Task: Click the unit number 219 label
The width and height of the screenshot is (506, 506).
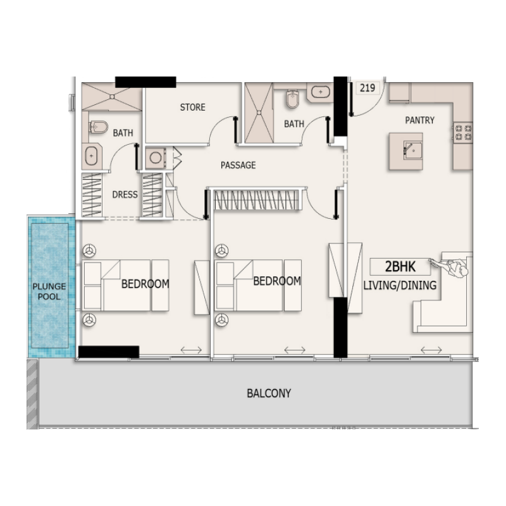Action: (367, 88)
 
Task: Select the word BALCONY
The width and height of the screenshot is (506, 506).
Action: (269, 393)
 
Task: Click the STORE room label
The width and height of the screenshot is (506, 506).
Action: (192, 108)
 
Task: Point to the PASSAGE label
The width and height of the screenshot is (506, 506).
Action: (238, 165)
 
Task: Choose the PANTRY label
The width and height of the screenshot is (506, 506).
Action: (420, 120)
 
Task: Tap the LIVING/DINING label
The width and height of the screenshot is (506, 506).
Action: (400, 285)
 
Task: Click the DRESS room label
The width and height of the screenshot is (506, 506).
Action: (125, 195)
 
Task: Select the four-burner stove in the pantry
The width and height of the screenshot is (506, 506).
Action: (463, 132)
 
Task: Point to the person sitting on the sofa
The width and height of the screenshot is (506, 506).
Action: (456, 269)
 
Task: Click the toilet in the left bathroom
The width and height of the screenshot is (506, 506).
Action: (97, 127)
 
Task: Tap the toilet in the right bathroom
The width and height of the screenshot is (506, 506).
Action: (292, 99)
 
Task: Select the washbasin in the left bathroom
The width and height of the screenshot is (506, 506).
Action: (91, 155)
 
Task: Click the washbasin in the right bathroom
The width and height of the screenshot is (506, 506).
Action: (321, 92)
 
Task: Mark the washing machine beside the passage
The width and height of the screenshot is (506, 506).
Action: (156, 156)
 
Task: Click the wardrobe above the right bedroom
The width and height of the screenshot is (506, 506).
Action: (259, 200)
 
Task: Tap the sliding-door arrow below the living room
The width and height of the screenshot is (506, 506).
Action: (431, 350)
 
